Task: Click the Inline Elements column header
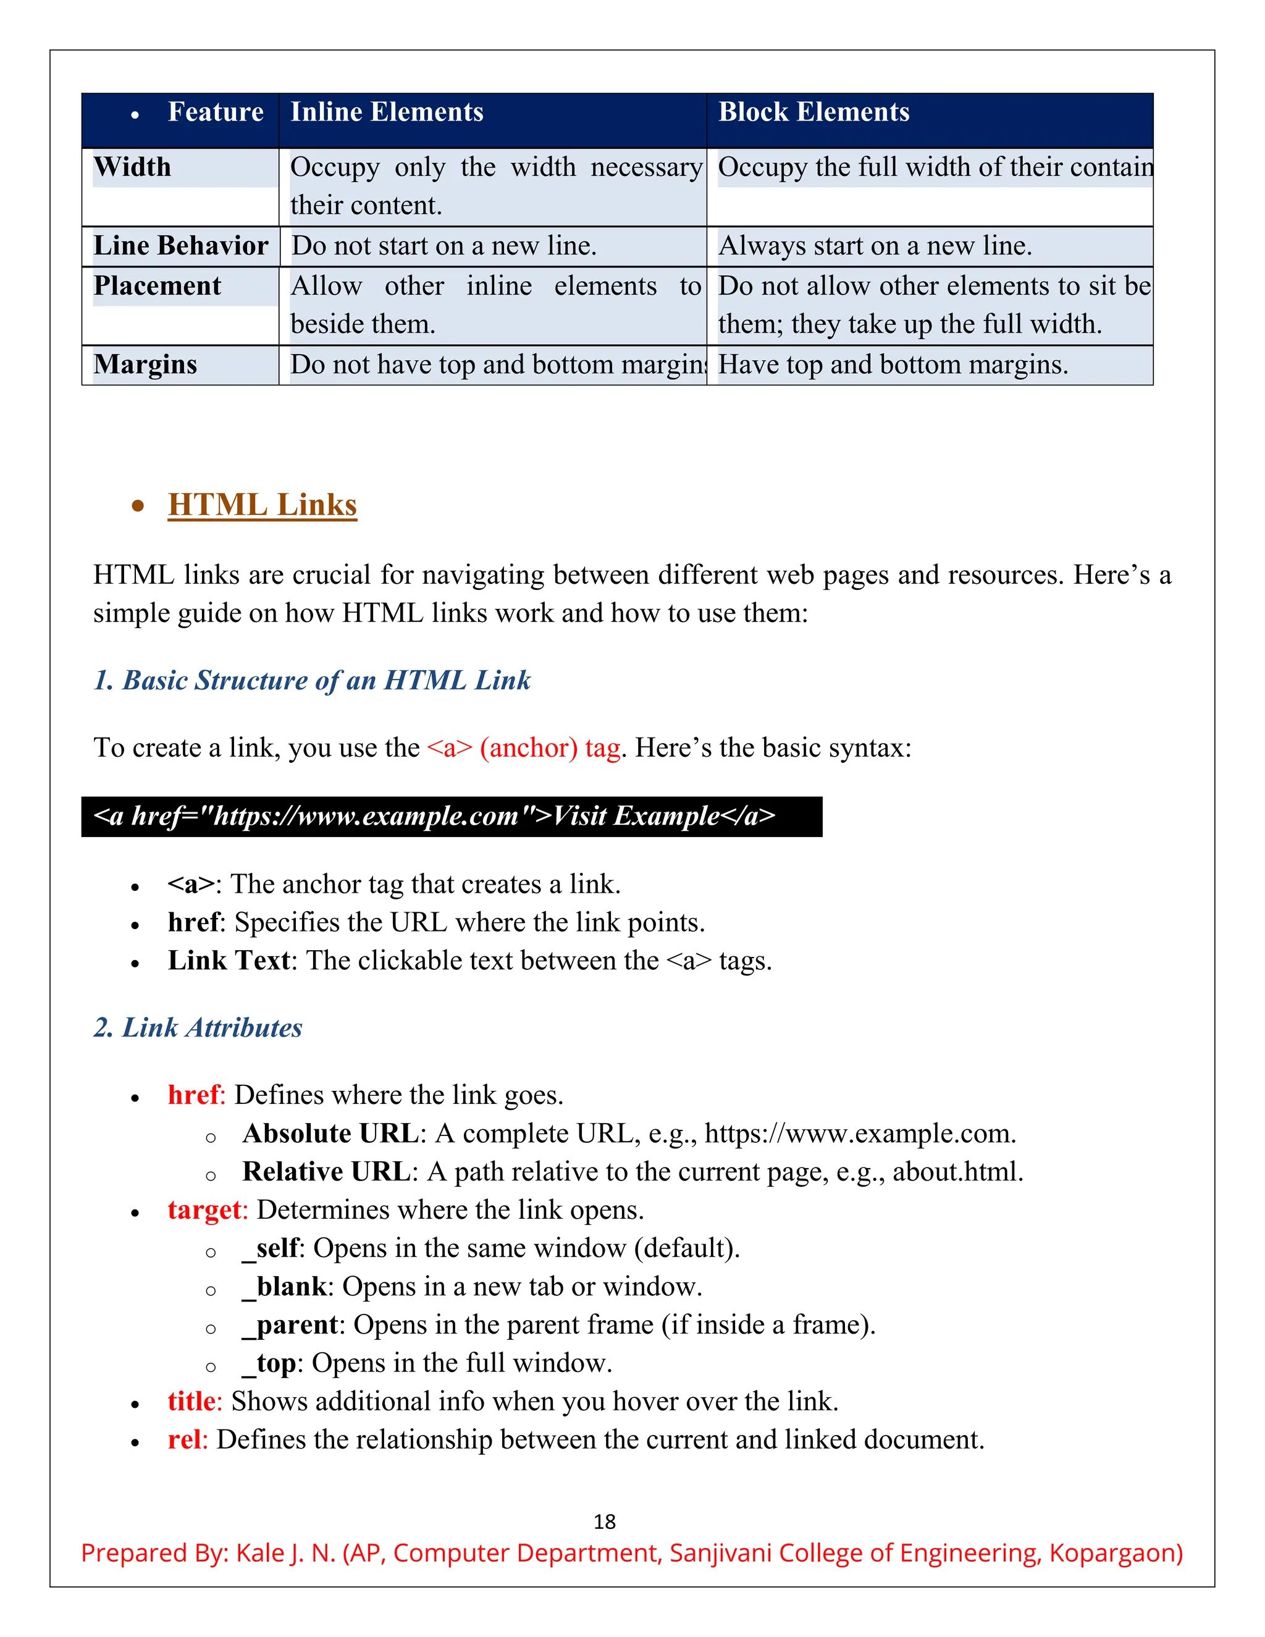pos(387,112)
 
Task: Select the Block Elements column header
pos(814,112)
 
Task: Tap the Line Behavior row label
pos(180,246)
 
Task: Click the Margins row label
pos(145,364)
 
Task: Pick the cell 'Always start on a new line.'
pos(875,246)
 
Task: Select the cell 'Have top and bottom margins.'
pos(893,364)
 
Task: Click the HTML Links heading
pos(263,505)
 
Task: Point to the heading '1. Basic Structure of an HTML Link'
pos(312,680)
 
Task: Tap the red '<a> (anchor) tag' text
pos(524,747)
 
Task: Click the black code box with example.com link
pos(451,816)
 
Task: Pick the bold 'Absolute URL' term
pos(330,1134)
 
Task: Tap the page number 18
pos(604,1521)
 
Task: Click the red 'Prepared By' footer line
pos(632,1552)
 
